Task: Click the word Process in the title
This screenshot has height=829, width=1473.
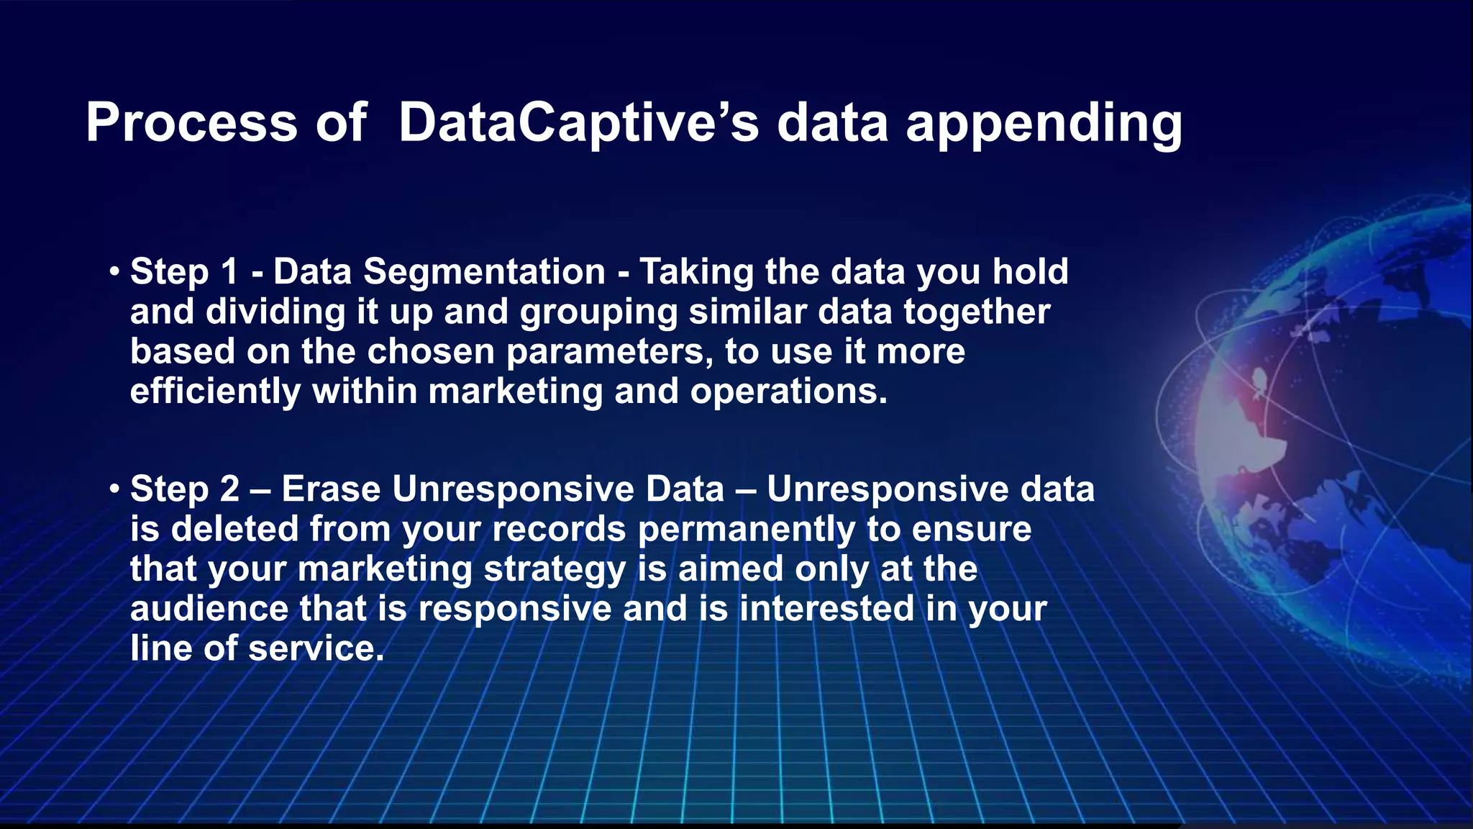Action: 191,122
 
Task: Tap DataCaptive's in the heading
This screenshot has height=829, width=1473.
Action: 578,122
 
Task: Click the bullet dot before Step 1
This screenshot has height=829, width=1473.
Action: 114,273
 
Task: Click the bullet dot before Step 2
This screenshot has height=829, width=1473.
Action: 114,490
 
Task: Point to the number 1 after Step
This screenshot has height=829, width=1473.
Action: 229,272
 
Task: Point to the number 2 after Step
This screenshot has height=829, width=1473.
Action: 229,489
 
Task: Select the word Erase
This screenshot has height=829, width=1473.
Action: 330,489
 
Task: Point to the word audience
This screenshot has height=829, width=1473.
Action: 209,609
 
